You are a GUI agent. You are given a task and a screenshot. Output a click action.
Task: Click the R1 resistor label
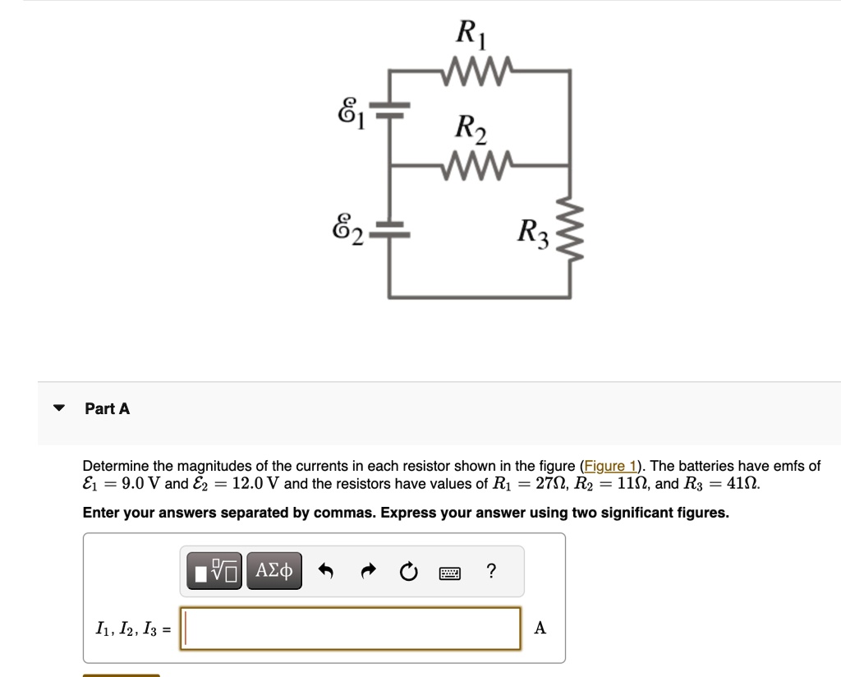pyautogui.click(x=471, y=35)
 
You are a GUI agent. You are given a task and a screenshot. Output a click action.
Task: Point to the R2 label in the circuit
pyautogui.click(x=471, y=128)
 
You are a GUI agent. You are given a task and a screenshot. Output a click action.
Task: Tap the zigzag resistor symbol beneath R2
pyautogui.click(x=478, y=164)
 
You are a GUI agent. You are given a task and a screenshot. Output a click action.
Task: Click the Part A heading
pyautogui.click(x=108, y=408)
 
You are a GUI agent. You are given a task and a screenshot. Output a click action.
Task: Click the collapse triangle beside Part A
pyautogui.click(x=59, y=408)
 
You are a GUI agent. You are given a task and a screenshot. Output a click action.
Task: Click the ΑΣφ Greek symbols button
pyautogui.click(x=273, y=570)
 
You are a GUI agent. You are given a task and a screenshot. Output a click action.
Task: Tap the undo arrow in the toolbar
pyautogui.click(x=326, y=570)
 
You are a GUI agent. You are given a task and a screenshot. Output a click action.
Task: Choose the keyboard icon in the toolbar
pyautogui.click(x=449, y=572)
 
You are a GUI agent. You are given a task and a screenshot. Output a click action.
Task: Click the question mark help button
pyautogui.click(x=491, y=570)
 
